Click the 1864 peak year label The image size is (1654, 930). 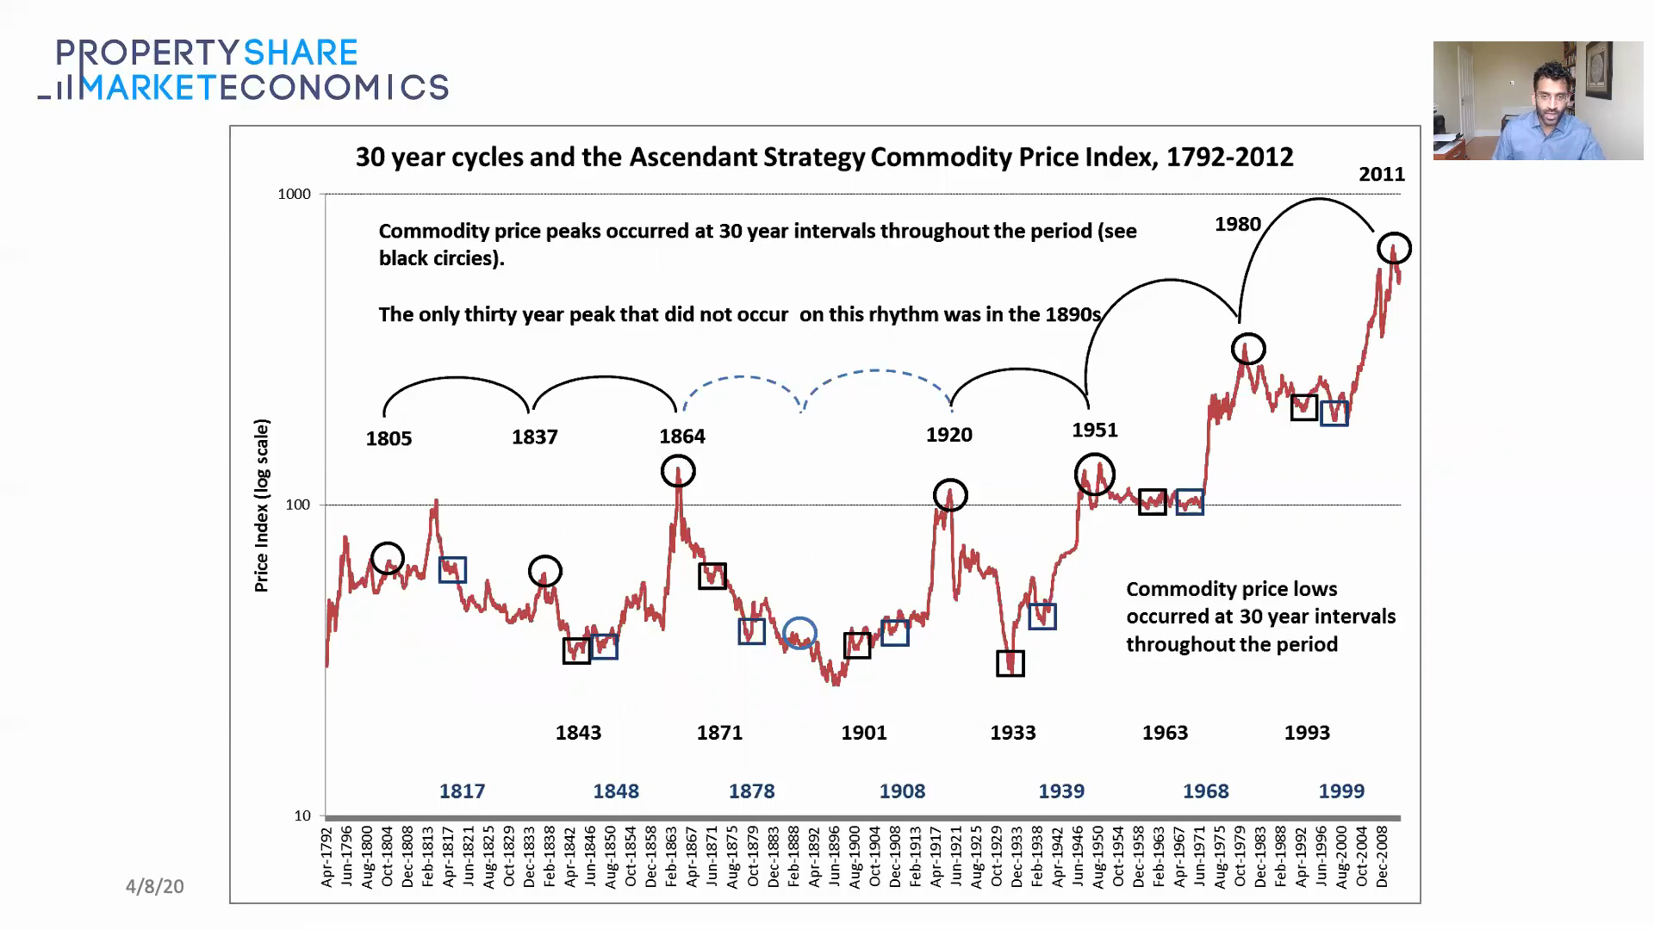682,436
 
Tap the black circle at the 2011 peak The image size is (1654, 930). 1394,249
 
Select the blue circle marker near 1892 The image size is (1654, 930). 800,633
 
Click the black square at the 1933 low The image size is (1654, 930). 1010,663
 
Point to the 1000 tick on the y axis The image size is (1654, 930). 294,194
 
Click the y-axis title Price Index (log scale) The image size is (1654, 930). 261,505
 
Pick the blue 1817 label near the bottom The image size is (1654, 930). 462,790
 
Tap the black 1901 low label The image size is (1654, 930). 863,733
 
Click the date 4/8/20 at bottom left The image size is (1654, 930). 155,886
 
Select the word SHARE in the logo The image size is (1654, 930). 301,53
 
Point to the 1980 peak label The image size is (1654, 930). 1237,224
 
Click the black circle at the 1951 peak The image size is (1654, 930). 1095,474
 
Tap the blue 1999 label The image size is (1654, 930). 1341,790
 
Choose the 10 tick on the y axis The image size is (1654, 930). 302,815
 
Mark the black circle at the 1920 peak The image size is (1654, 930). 950,495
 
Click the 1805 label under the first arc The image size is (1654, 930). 389,438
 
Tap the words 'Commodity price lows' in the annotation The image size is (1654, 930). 1231,589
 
